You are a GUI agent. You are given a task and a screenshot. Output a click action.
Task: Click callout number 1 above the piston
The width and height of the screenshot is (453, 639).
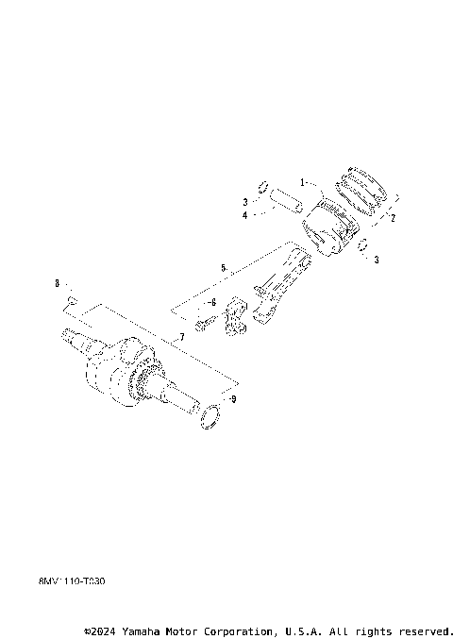(x=303, y=181)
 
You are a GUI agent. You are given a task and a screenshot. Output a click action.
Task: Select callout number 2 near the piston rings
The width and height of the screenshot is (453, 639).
(x=393, y=217)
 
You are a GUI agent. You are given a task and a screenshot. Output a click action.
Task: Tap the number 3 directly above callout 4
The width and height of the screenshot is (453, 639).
(x=243, y=202)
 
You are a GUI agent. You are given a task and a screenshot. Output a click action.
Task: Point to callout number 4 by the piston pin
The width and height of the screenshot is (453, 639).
(x=243, y=215)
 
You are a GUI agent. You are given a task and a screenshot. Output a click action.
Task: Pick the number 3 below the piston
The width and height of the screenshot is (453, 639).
(x=376, y=260)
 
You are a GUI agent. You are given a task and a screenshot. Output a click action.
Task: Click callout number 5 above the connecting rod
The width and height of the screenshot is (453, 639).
(x=223, y=269)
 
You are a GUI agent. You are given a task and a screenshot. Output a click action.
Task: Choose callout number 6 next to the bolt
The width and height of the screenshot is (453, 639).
(x=213, y=302)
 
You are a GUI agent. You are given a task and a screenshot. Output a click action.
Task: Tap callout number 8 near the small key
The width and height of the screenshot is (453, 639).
(x=57, y=283)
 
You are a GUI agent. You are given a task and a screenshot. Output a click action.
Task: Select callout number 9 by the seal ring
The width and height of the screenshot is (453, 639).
(x=233, y=399)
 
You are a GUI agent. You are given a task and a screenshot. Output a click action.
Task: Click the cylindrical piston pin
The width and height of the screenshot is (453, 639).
(x=284, y=201)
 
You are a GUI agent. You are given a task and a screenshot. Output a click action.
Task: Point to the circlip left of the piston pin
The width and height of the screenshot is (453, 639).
(x=265, y=184)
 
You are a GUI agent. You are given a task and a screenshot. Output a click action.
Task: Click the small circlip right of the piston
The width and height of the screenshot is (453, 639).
(x=362, y=247)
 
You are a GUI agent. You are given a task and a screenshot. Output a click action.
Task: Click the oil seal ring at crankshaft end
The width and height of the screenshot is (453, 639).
(x=212, y=414)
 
